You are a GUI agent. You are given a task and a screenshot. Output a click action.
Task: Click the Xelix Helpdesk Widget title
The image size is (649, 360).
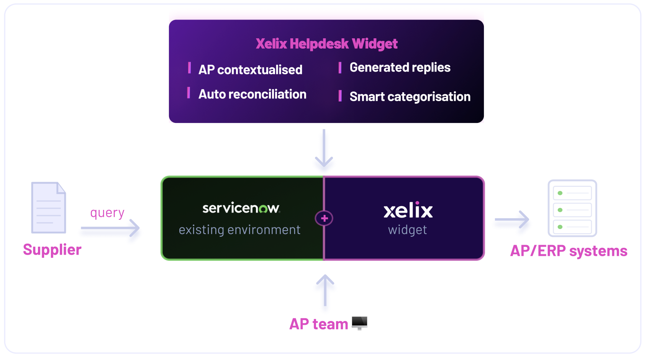coord(326,44)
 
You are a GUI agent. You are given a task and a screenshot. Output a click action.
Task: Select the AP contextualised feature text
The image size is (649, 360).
coord(250,69)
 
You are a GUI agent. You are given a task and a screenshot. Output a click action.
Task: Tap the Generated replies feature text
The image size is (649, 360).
coord(400,67)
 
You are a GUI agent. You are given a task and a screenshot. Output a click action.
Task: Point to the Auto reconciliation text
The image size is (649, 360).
coord(252,94)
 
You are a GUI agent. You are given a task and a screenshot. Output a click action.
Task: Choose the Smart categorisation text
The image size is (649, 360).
coord(410,97)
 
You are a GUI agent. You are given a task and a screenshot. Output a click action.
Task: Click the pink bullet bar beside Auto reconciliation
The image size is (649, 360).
coord(188,93)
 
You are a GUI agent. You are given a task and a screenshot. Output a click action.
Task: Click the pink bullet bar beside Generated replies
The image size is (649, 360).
coord(340,67)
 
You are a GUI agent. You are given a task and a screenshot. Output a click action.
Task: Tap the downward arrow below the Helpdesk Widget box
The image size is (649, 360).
coord(324,148)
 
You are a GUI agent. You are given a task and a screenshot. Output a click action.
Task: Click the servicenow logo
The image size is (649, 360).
coord(241,208)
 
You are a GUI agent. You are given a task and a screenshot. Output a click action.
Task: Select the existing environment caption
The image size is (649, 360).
coord(239,230)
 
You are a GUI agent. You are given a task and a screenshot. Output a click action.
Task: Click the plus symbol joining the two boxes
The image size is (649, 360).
coord(324,218)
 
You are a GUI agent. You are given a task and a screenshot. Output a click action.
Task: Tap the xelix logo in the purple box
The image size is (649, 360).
coord(408,210)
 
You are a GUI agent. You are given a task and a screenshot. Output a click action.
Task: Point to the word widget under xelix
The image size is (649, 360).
coord(407,230)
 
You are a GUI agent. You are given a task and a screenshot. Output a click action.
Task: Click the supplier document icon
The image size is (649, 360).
coord(49,208)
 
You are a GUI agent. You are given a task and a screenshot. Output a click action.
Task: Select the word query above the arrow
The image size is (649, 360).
coord(107,213)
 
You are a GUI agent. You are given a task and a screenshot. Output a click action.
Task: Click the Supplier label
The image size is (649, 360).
coord(52,250)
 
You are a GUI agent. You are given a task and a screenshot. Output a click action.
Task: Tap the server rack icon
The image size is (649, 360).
coord(572,208)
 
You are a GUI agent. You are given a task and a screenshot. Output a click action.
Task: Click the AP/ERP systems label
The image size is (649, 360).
coord(569,251)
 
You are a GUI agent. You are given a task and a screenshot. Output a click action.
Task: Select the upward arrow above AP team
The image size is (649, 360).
coord(325,291)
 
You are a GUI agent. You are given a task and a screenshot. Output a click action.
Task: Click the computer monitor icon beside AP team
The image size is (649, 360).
coord(359,323)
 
